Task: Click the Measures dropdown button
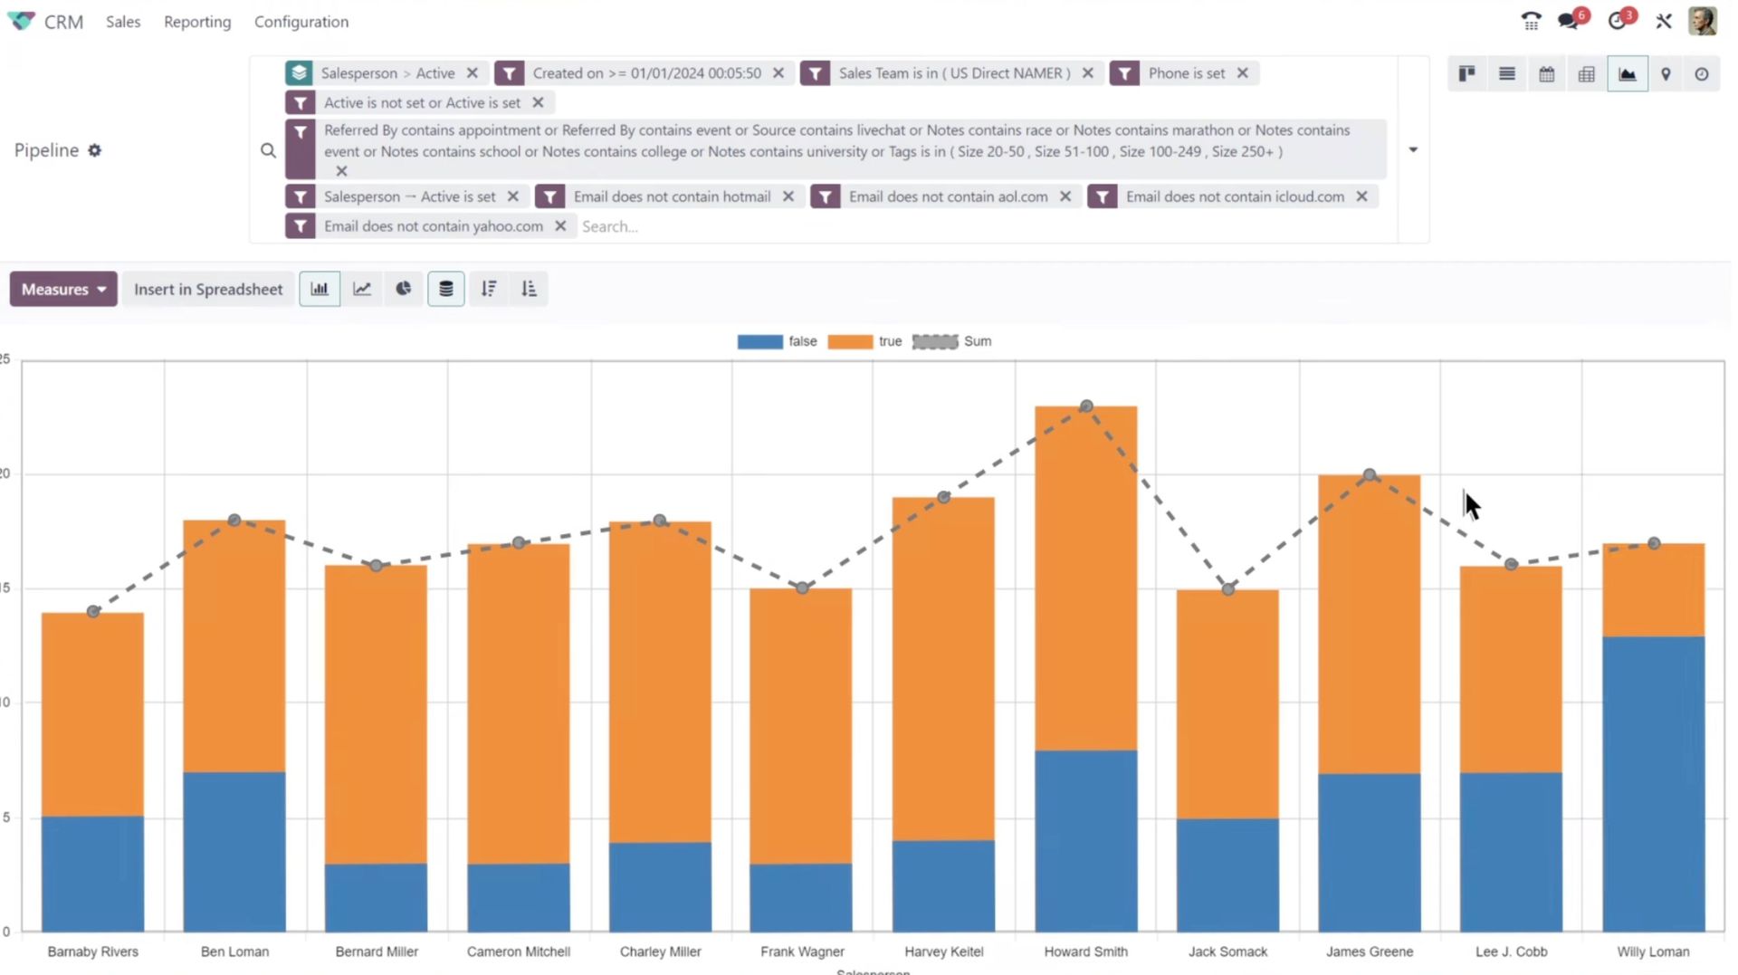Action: [x=63, y=289]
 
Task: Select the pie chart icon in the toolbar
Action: [x=404, y=289]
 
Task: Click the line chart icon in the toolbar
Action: [x=362, y=289]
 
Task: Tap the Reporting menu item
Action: [x=197, y=22]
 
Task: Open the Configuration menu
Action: [x=301, y=22]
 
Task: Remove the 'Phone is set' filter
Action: [x=1243, y=73]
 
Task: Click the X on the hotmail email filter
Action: [x=788, y=196]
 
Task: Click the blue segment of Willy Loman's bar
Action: [x=1653, y=783]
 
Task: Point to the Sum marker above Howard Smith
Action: [x=1086, y=406]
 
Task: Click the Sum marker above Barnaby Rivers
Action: [x=93, y=612]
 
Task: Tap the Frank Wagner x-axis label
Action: [x=802, y=951]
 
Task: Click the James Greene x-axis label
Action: [x=1369, y=951]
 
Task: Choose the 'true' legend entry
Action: [x=865, y=341]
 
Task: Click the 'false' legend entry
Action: [x=777, y=341]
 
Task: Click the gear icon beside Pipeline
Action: [x=95, y=150]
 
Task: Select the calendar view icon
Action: [x=1547, y=74]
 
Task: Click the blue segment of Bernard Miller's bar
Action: [x=376, y=897]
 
